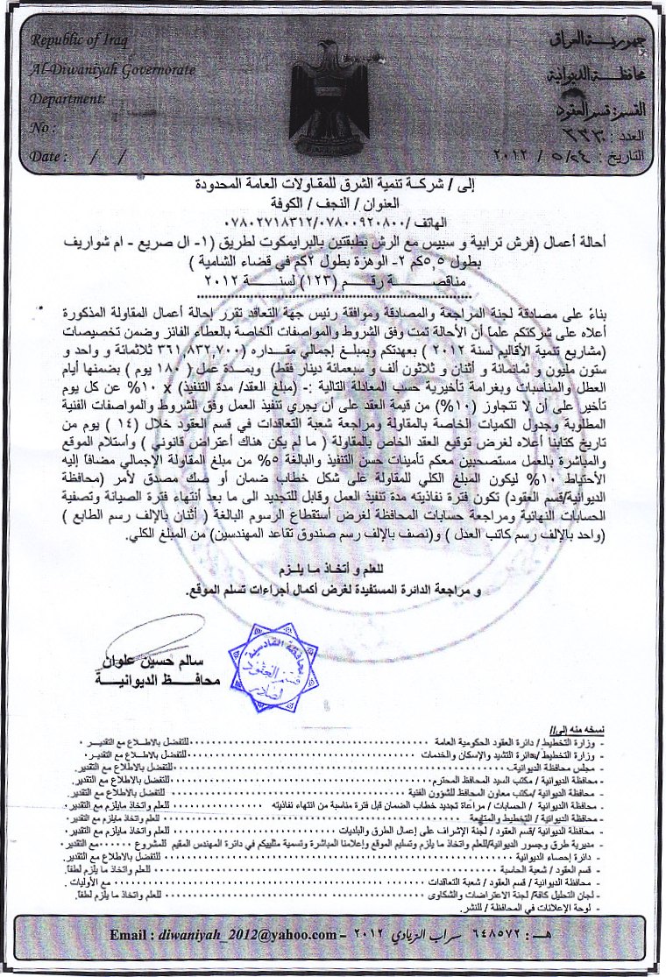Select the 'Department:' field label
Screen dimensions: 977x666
(x=67, y=98)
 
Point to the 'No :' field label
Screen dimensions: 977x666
(x=43, y=128)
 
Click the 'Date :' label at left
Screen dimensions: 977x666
(x=47, y=157)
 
